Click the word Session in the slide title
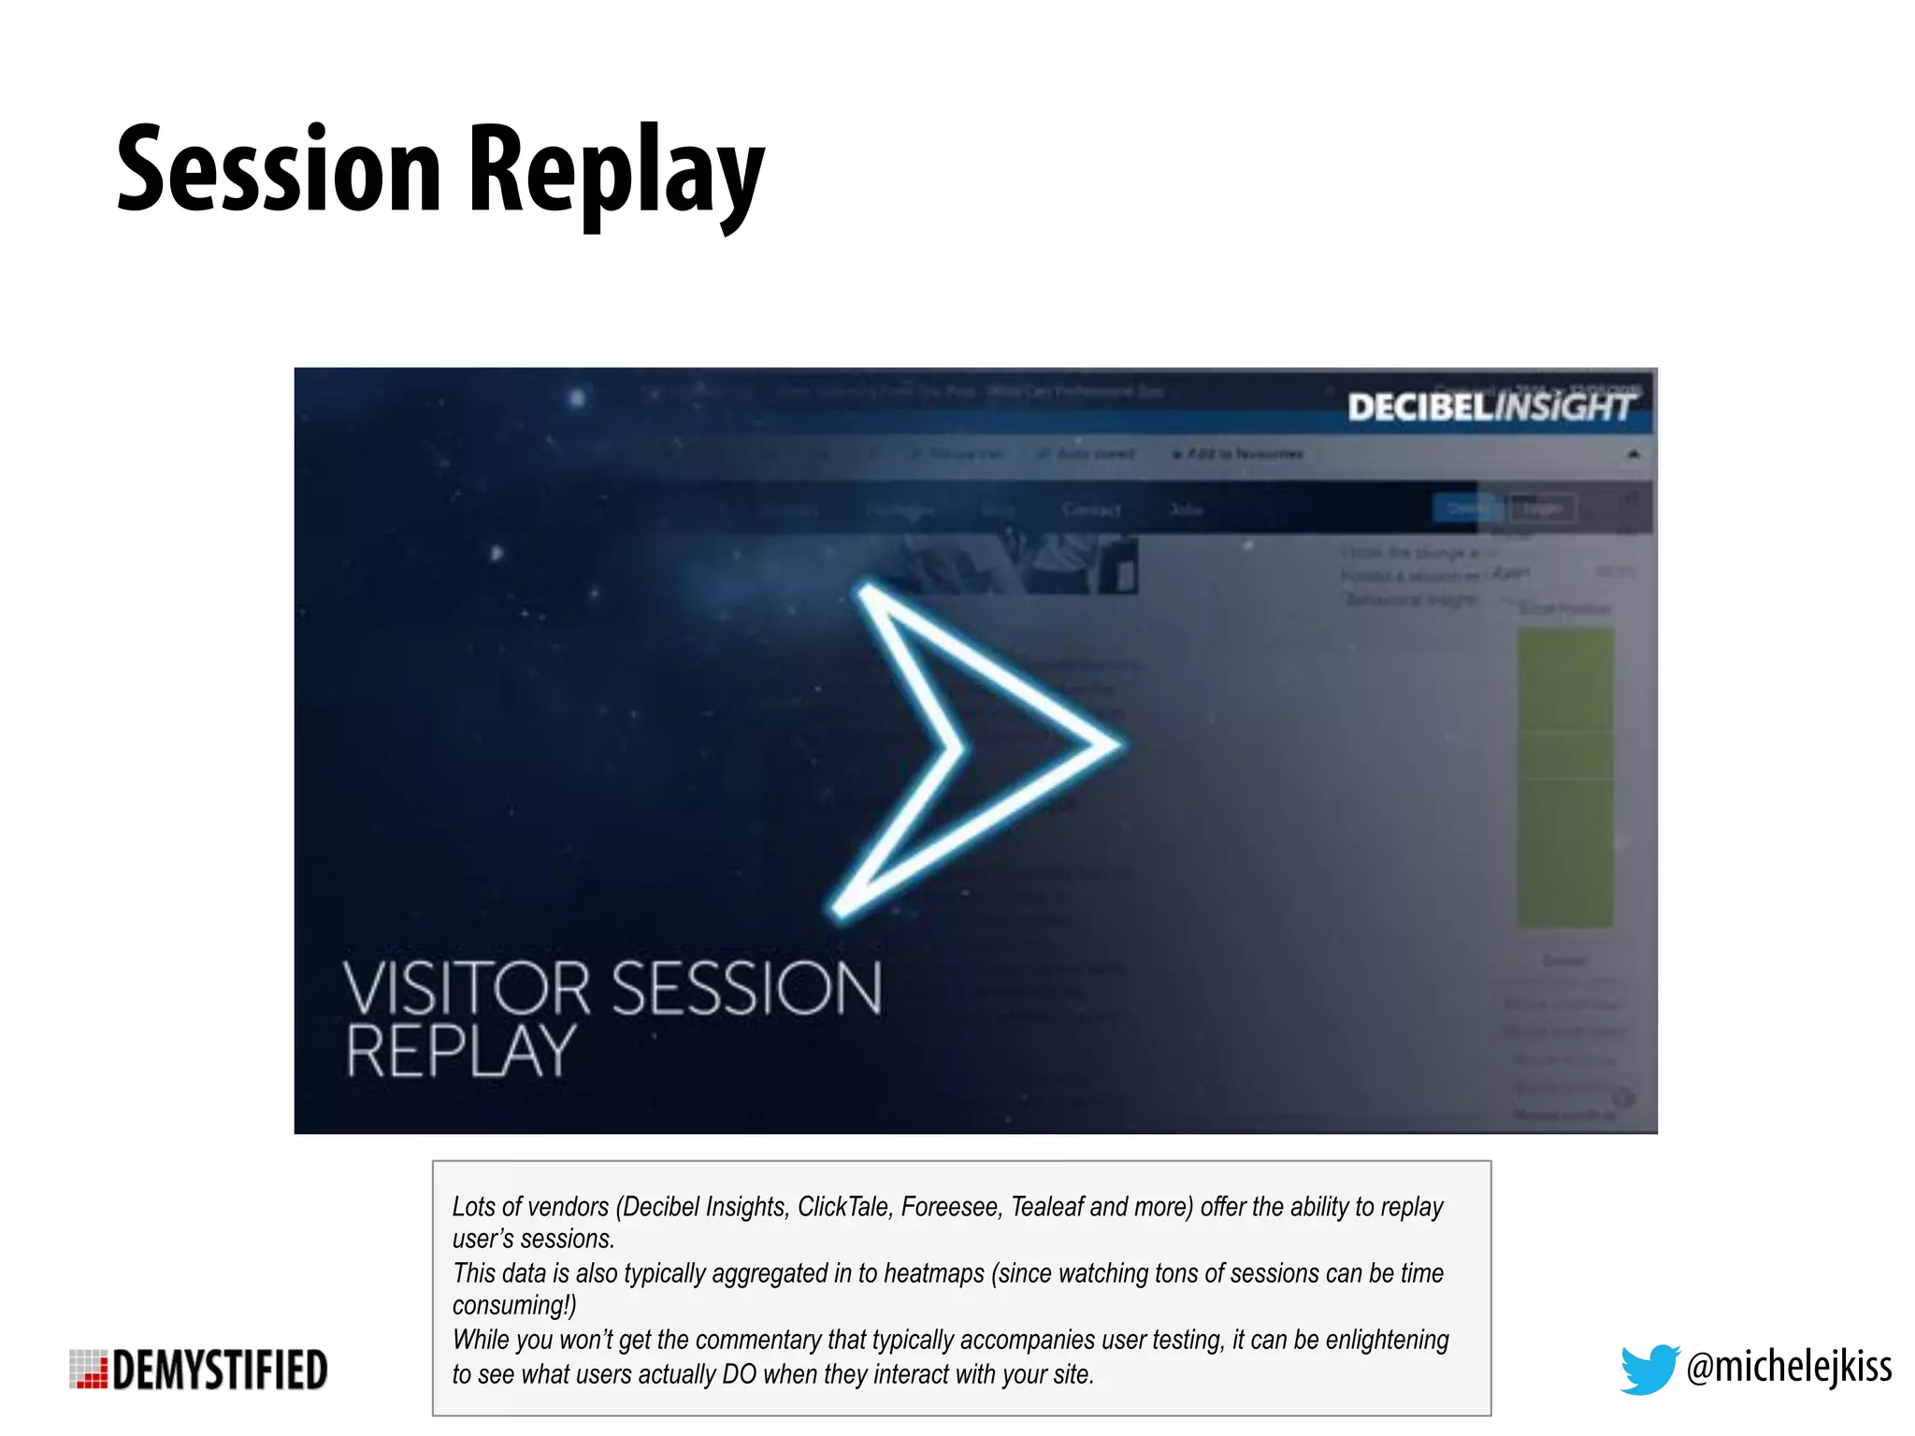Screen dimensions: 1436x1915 279,171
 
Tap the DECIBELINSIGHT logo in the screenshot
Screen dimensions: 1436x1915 1490,408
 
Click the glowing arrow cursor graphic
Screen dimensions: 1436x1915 972,748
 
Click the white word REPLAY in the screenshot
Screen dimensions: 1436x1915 460,1052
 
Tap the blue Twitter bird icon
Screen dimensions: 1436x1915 1649,1369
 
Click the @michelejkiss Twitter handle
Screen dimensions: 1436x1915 1789,1367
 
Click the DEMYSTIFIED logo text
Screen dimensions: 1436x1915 220,1371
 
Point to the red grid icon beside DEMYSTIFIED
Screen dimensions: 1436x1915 89,1370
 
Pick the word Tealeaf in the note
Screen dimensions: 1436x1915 1046,1207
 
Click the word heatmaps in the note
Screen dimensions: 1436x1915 934,1273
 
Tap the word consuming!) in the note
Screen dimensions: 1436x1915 514,1306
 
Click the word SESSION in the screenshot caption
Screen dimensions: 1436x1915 746,988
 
